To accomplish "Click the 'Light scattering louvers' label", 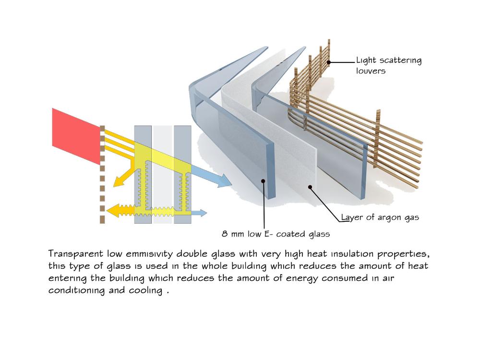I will pyautogui.click(x=389, y=66).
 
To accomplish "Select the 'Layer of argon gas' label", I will pyautogui.click(x=380, y=217).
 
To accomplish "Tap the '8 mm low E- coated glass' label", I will pyautogui.click(x=276, y=234).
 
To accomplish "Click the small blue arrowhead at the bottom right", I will pyautogui.click(x=203, y=213).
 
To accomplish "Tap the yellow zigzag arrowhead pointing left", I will pyautogui.click(x=112, y=210).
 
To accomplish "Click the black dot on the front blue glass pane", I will pyautogui.click(x=263, y=181).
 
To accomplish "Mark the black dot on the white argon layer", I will pyautogui.click(x=310, y=187).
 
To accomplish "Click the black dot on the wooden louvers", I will pyautogui.click(x=329, y=62).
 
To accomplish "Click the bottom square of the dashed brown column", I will pyautogui.click(x=102, y=220).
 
